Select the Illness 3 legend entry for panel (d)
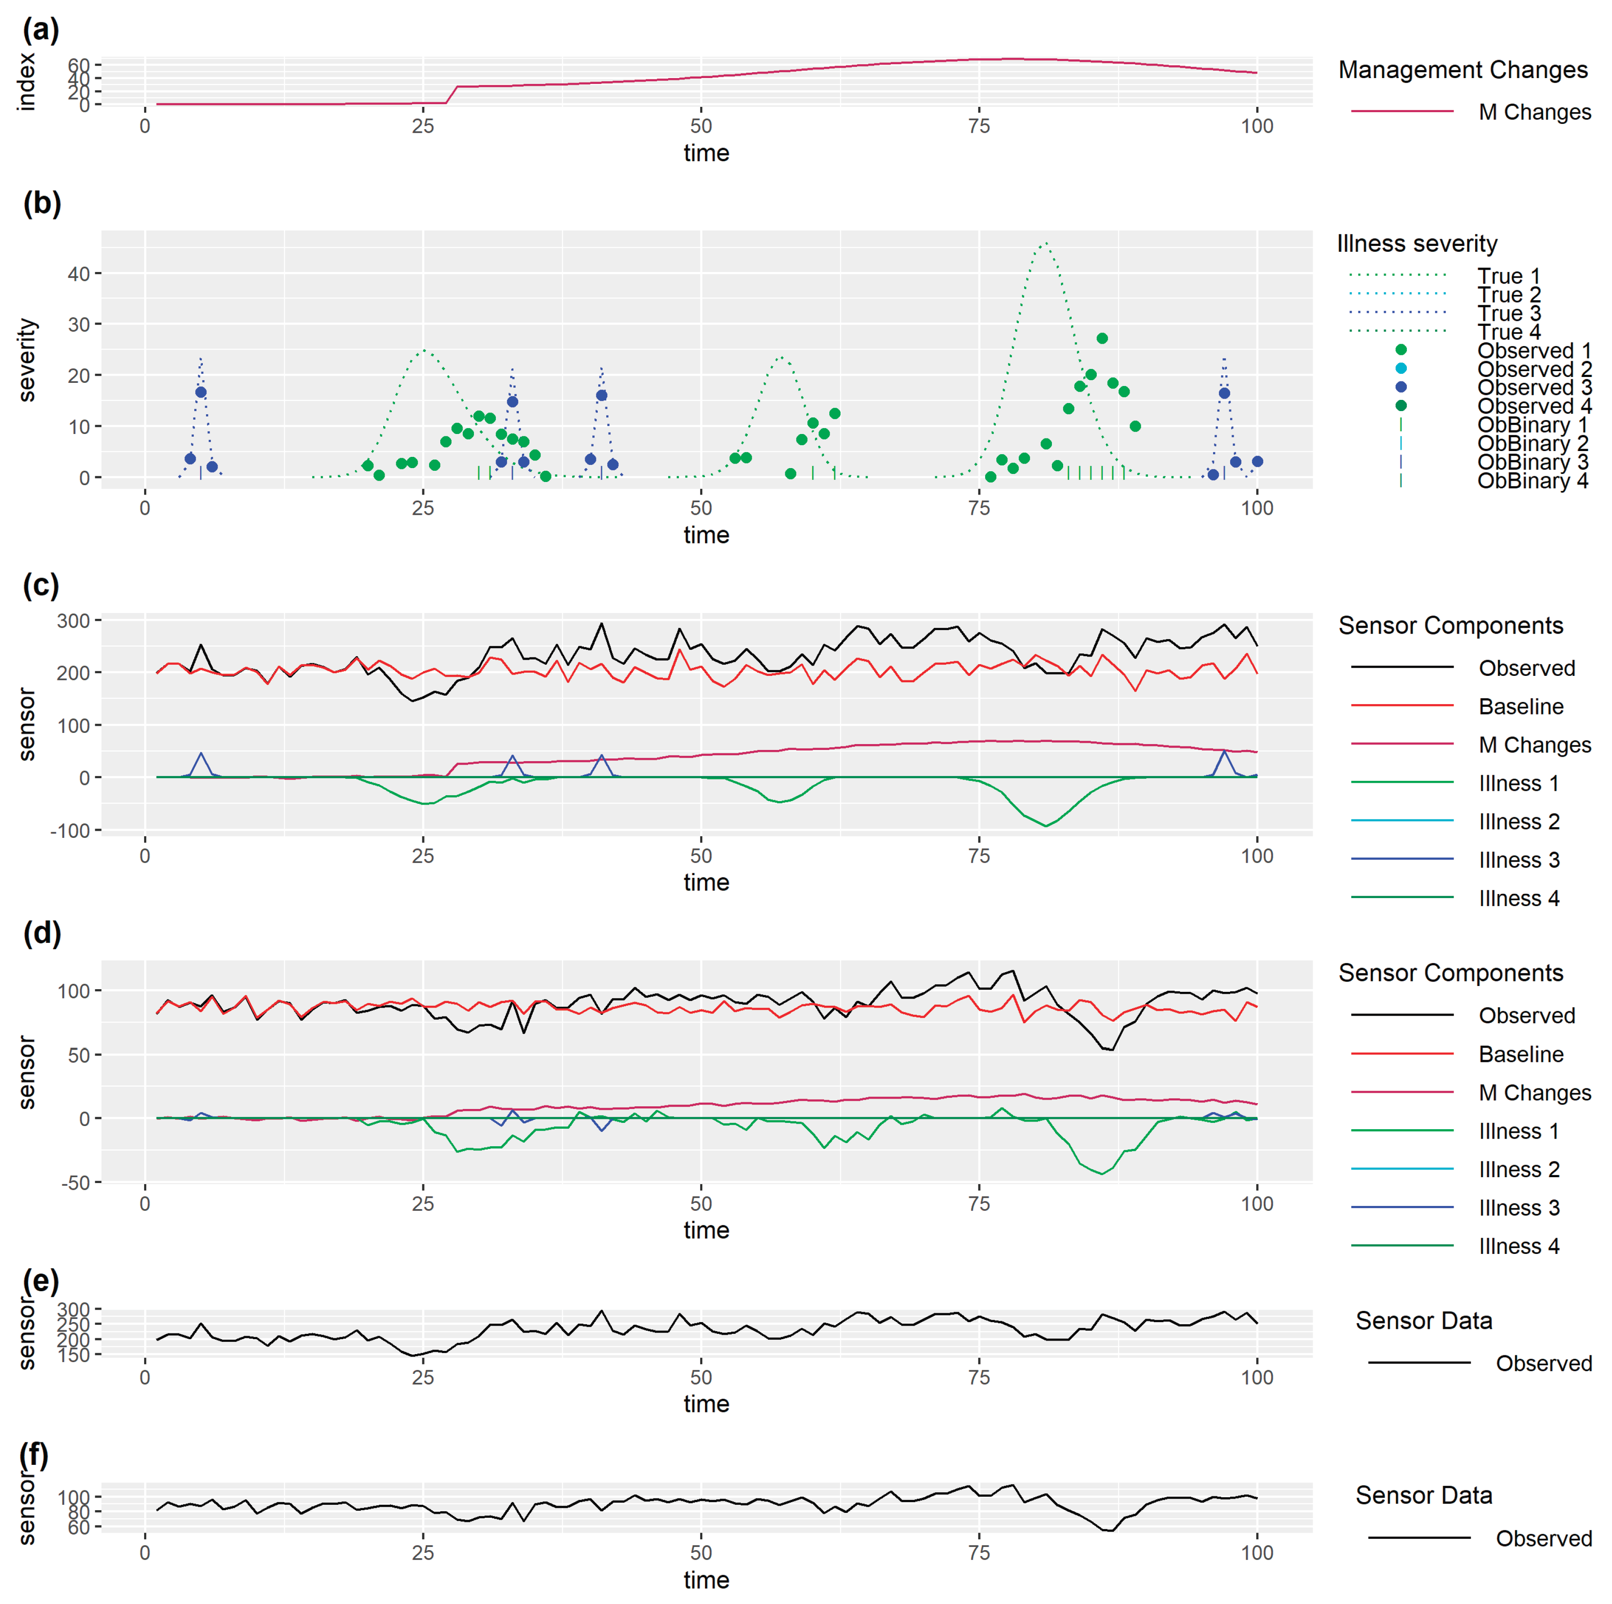(x=1519, y=1208)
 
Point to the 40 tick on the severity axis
(x=79, y=274)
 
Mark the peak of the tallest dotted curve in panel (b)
(x=1045, y=244)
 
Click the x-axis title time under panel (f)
(x=706, y=1580)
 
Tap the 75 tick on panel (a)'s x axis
(x=979, y=126)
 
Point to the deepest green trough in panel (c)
(x=1046, y=826)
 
